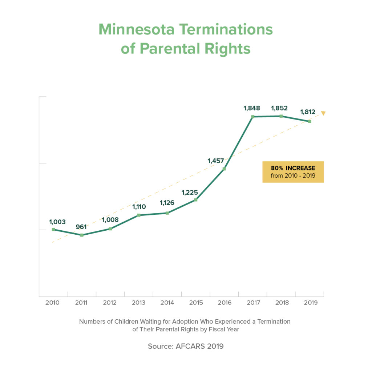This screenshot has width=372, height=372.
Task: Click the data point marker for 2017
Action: point(252,117)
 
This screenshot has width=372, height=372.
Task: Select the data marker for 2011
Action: point(82,235)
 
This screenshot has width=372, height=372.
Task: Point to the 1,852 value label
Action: point(280,108)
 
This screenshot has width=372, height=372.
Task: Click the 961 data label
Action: point(81,227)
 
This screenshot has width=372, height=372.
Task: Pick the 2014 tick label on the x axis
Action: point(167,303)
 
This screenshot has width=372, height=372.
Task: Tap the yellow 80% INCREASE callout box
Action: point(293,172)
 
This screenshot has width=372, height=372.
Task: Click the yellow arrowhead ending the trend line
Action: point(323,113)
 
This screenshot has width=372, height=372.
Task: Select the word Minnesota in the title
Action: point(141,30)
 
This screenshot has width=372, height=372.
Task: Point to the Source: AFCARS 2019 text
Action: point(186,346)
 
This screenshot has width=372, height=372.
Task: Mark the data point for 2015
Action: point(195,200)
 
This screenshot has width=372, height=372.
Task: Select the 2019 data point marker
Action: point(310,121)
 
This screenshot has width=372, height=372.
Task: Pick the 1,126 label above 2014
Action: point(167,203)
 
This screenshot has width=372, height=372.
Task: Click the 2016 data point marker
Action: point(224,169)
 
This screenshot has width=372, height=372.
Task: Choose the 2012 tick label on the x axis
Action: point(110,303)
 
